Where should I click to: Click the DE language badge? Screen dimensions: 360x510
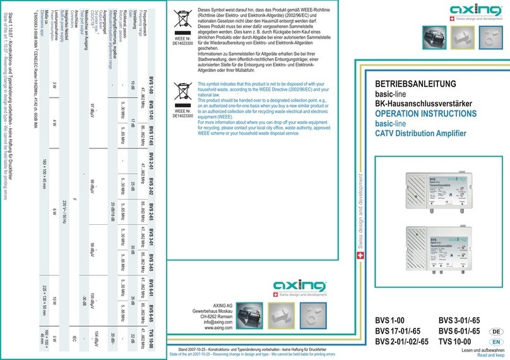497,331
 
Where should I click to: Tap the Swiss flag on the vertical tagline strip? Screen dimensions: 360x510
360,256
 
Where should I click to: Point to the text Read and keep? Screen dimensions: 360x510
490,355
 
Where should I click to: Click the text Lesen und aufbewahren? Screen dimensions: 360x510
482,349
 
